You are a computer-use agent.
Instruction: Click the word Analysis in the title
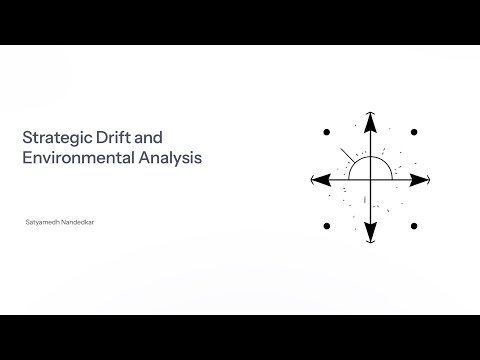point(176,157)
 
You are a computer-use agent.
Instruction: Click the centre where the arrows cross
point(370,179)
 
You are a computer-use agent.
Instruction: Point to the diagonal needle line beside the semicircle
point(346,156)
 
